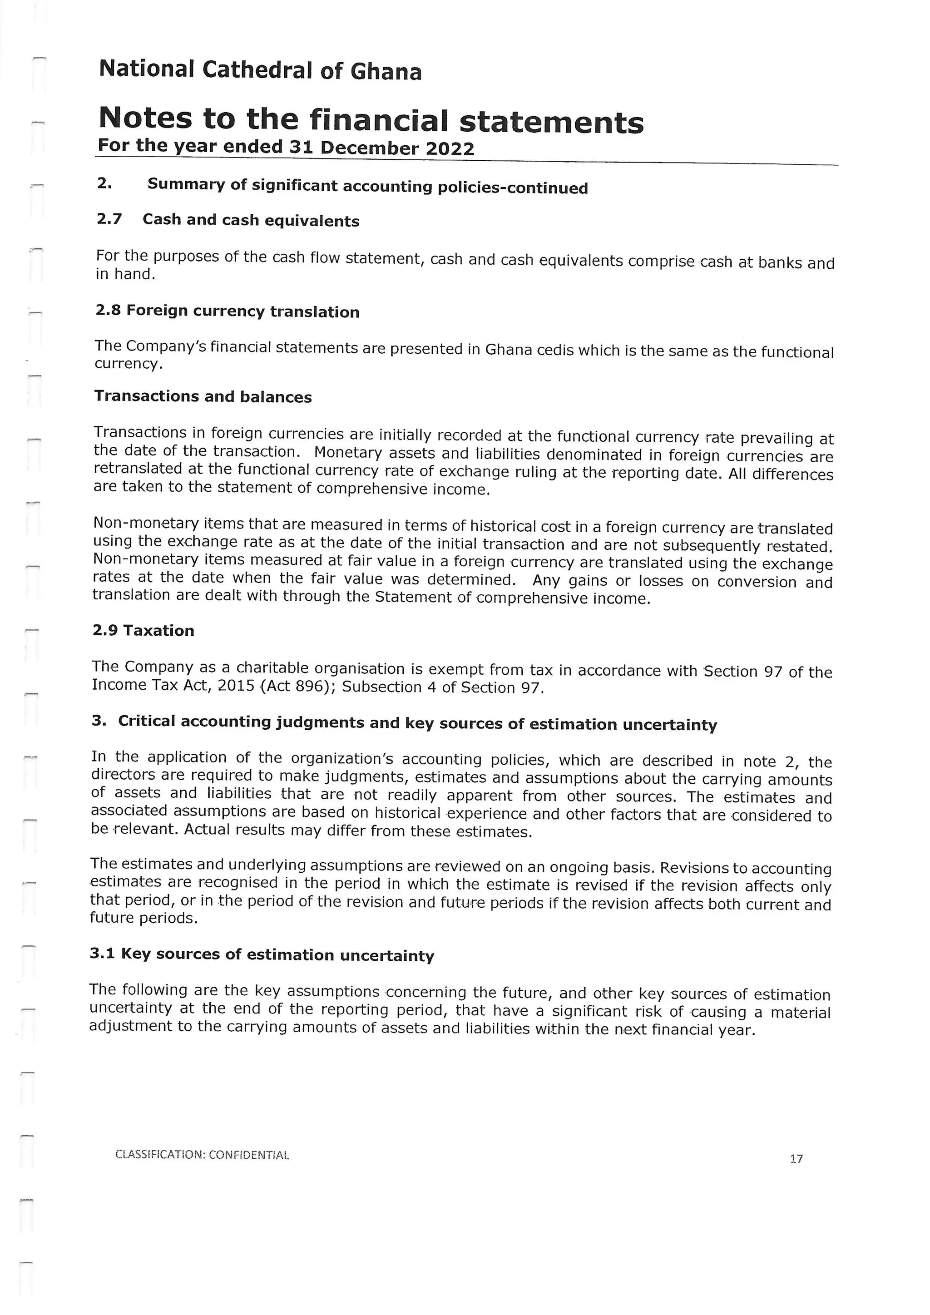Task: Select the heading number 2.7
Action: pos(109,219)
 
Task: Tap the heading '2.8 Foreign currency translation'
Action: pos(228,311)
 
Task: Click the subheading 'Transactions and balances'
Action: pos(203,396)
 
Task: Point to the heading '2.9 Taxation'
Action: pos(143,631)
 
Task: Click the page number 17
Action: pos(796,1159)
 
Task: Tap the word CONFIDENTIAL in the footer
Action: pos(249,1155)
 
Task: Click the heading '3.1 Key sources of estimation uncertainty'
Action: pos(262,955)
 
